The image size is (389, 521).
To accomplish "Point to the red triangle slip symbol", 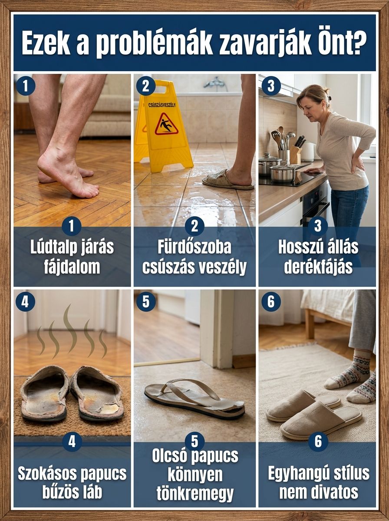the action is (166, 124).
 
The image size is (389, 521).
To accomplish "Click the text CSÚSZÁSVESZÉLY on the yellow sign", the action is (162, 105).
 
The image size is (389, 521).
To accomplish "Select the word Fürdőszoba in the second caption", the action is (194, 247).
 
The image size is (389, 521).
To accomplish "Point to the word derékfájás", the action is (318, 267).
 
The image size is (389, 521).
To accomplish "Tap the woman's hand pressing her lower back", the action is (357, 163).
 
